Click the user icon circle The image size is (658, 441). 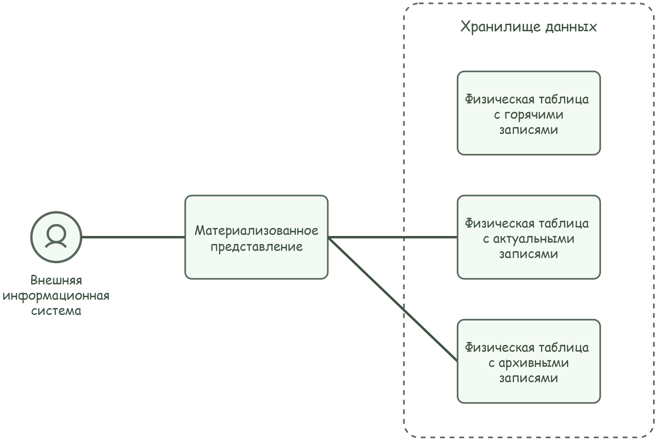(56, 237)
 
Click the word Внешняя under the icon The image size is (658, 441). (56, 280)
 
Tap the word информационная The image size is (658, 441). (56, 296)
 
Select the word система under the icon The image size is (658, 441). (56, 311)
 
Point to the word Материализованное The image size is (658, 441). (256, 231)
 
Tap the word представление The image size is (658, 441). (256, 247)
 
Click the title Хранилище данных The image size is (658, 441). (528, 27)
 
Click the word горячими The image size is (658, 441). (534, 115)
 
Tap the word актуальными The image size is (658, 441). (534, 239)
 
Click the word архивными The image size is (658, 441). (534, 363)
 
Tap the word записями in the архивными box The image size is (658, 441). (528, 378)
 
